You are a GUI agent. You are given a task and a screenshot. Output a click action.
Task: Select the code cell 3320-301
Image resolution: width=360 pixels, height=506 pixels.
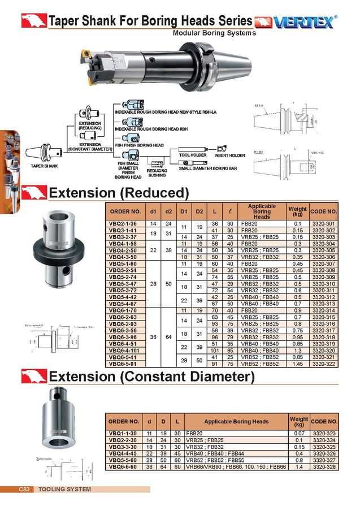click(323, 224)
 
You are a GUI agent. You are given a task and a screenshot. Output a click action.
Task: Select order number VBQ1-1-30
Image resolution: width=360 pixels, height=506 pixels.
click(124, 433)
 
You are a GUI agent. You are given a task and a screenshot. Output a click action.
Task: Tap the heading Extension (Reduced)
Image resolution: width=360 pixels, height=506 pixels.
click(119, 193)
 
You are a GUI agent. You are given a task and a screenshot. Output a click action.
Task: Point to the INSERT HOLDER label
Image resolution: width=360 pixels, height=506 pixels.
click(229, 155)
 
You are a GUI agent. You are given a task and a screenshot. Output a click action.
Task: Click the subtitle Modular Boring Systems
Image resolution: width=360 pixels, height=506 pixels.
click(214, 33)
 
